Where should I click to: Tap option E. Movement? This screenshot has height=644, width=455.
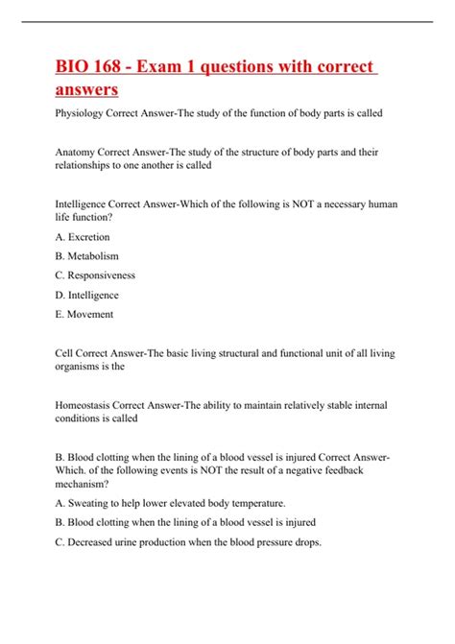86,314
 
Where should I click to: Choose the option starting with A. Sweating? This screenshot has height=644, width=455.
157,503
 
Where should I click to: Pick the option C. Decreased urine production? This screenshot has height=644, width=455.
189,541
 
